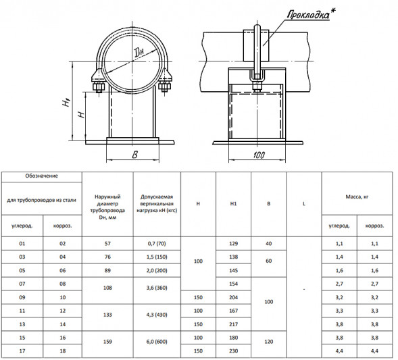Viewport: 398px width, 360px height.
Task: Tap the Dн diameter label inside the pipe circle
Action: coord(139,53)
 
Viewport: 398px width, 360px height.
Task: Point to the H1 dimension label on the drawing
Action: coord(66,102)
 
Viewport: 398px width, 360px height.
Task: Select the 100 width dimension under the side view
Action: coord(259,155)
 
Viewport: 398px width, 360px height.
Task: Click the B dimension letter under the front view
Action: coord(134,155)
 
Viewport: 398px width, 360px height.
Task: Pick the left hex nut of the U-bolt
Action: coord(99,88)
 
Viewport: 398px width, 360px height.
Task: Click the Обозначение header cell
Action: coord(41,176)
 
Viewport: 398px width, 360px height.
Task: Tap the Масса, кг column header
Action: coord(357,197)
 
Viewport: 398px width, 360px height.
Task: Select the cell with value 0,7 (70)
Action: coord(157,244)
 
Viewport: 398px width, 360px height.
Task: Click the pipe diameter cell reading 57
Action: coord(107,244)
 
